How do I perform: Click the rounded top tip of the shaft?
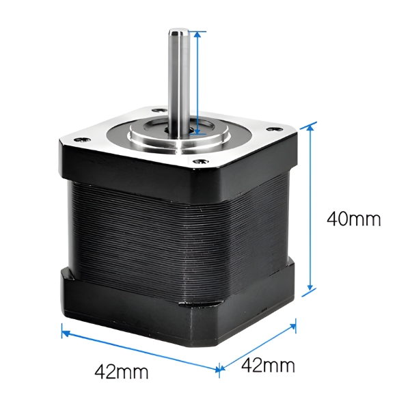(x=179, y=31)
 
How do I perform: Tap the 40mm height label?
(x=353, y=219)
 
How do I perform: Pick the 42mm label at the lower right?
(x=268, y=366)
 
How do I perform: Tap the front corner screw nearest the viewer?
(x=202, y=161)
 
